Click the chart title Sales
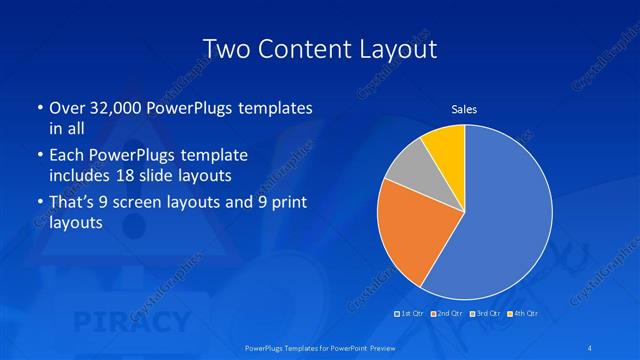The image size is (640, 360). (464, 108)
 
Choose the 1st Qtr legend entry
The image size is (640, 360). (410, 314)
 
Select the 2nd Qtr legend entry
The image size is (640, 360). (446, 314)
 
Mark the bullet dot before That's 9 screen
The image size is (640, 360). (38, 204)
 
